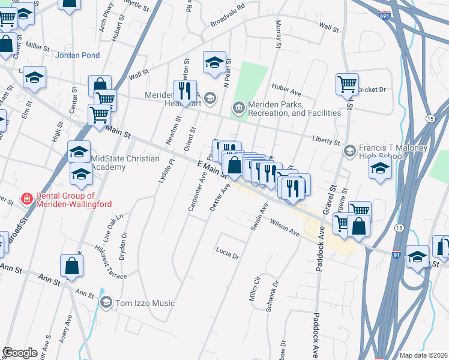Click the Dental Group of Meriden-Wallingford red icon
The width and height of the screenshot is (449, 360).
[x=26, y=199]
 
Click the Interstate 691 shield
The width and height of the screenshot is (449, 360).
[x=385, y=14]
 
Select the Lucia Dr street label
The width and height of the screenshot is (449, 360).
[x=228, y=253]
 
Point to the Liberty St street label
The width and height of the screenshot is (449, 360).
[x=326, y=140]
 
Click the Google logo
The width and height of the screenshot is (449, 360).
[x=20, y=353]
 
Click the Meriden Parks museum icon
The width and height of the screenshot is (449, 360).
[x=238, y=108]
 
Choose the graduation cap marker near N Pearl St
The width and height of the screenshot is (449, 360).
[x=214, y=62]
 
